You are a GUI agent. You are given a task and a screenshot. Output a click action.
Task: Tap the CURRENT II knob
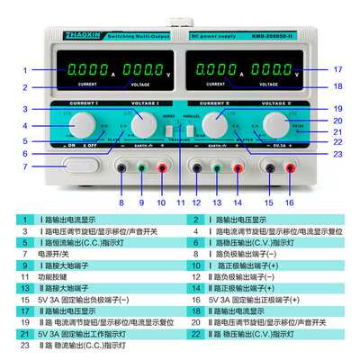(216, 122)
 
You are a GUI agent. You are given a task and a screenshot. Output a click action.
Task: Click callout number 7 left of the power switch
(25, 166)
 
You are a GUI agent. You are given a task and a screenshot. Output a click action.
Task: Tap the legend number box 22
(193, 334)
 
